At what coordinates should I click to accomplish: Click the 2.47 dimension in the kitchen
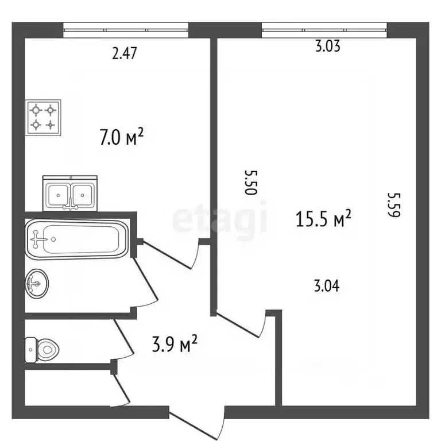click(x=125, y=55)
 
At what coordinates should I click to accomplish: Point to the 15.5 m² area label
click(x=323, y=219)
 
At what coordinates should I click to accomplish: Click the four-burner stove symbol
click(x=43, y=117)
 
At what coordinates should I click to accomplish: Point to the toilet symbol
click(x=44, y=348)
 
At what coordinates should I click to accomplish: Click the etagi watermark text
click(x=220, y=219)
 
